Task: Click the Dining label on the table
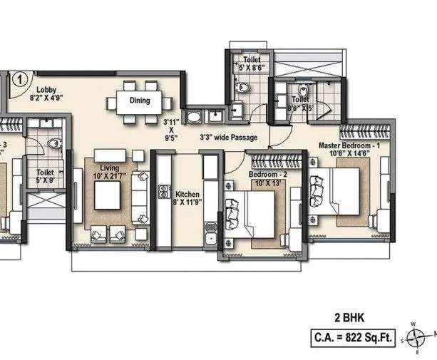coord(140,101)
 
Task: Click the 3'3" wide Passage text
coord(228,137)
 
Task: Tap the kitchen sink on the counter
coord(210,232)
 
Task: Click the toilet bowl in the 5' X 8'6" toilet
coord(243,86)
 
